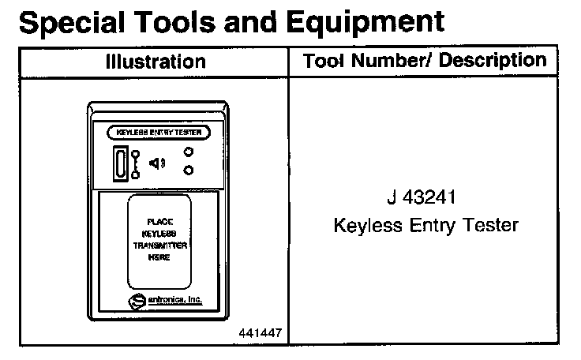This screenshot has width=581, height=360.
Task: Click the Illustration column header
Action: click(x=156, y=62)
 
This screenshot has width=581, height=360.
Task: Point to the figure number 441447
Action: click(x=261, y=333)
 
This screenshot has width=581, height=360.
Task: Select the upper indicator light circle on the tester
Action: click(x=189, y=153)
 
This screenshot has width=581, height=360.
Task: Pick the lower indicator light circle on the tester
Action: click(x=189, y=170)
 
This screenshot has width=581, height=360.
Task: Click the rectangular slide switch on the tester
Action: click(x=120, y=164)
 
